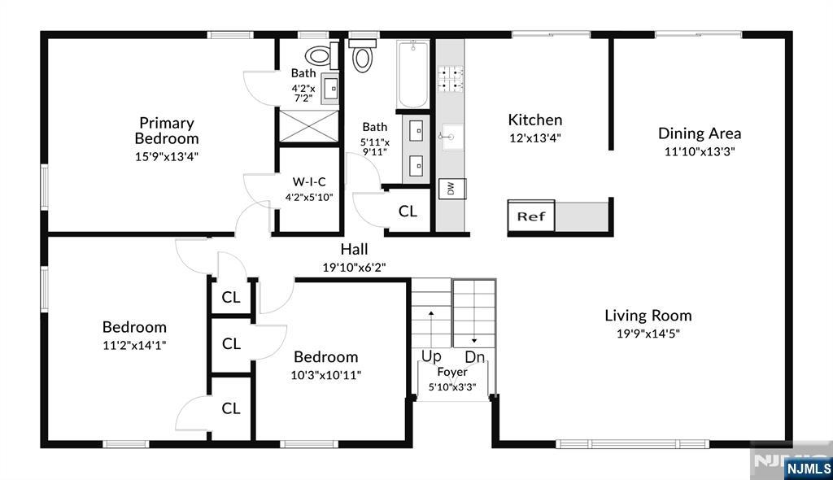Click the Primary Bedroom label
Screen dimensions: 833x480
pyautogui.click(x=166, y=131)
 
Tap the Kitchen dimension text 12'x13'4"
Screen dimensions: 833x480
pyautogui.click(x=535, y=138)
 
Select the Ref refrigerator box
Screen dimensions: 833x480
pyautogui.click(x=530, y=216)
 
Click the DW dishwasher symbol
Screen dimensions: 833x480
pyautogui.click(x=451, y=189)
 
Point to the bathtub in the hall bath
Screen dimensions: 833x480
pyautogui.click(x=412, y=74)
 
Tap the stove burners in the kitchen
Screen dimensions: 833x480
pyautogui.click(x=450, y=79)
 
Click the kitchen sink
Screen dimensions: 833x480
pyautogui.click(x=451, y=137)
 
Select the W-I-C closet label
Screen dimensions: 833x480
pyautogui.click(x=309, y=181)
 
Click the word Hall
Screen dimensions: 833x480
pyautogui.click(x=354, y=249)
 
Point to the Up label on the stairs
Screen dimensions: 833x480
pyautogui.click(x=431, y=356)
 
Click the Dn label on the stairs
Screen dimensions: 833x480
pyautogui.click(x=475, y=356)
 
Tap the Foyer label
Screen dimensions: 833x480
pyautogui.click(x=452, y=372)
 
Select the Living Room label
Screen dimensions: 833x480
pyautogui.click(x=648, y=315)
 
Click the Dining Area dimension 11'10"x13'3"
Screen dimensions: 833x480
pyautogui.click(x=700, y=151)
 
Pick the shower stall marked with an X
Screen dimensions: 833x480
pyautogui.click(x=309, y=126)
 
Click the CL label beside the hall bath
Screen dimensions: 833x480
pyautogui.click(x=408, y=212)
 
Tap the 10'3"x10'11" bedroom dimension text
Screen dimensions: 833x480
pyautogui.click(x=325, y=375)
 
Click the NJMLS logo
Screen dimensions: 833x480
pyautogui.click(x=809, y=469)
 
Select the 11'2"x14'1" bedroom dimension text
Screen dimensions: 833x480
pyautogui.click(x=134, y=345)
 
